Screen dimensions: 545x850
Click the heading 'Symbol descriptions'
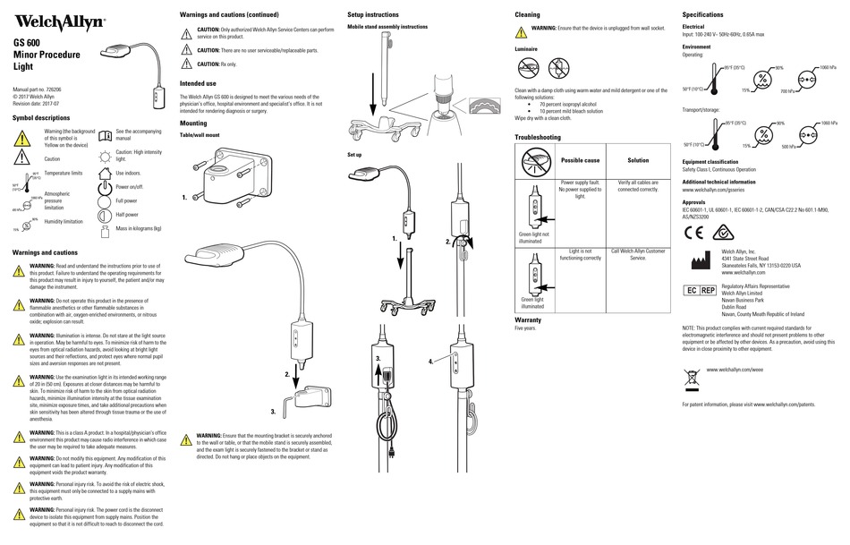coord(41,117)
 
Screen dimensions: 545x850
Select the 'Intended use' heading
coord(199,82)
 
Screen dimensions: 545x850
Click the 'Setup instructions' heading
coord(373,15)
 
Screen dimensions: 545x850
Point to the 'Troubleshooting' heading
coord(538,137)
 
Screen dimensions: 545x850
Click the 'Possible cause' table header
coord(579,160)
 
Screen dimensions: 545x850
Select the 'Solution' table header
coord(638,160)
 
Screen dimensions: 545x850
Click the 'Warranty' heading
coord(528,319)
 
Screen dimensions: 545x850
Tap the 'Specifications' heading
coord(702,15)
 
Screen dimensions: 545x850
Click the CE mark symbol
coord(694,234)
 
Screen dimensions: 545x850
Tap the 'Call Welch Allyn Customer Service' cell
coord(638,254)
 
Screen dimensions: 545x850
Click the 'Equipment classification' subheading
coord(716,161)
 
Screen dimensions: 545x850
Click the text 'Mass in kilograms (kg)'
coord(139,228)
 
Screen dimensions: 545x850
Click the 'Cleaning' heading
coord(527,15)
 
